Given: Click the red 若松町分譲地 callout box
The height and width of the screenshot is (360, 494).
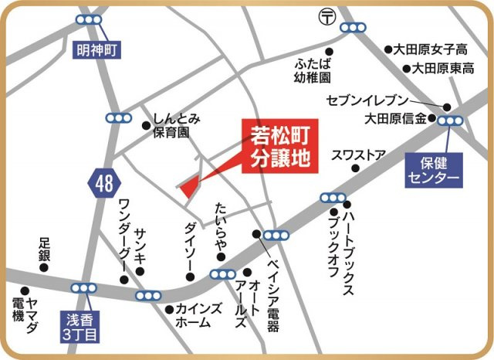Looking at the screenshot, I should click(x=280, y=147).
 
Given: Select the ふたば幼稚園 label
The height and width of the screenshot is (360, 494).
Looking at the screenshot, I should click(x=312, y=70).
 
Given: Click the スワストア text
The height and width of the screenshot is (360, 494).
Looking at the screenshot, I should click(x=357, y=154).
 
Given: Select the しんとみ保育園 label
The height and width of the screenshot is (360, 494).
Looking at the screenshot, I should click(x=178, y=124).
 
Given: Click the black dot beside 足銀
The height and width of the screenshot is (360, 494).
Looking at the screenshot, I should click(x=44, y=268).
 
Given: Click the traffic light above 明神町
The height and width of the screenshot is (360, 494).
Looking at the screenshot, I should click(x=93, y=19).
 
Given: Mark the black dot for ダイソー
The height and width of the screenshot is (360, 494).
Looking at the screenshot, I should click(x=190, y=277).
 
